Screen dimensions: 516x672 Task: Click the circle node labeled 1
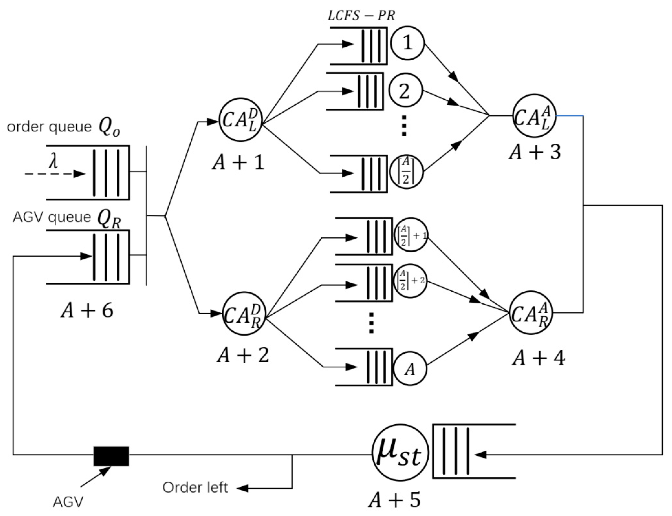tap(407, 43)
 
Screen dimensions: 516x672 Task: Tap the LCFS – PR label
tap(361, 16)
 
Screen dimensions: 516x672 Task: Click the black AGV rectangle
tap(111, 456)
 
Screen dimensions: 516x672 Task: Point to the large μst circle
tap(400, 452)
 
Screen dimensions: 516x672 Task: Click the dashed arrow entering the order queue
tap(55, 174)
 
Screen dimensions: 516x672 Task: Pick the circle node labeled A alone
tap(410, 369)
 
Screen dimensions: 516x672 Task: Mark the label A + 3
tap(535, 152)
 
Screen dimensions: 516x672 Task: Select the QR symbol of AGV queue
tap(109, 219)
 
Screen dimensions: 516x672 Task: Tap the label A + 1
tap(238, 162)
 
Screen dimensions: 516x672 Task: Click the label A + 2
tap(243, 355)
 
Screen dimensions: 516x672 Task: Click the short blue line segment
tap(570, 116)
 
